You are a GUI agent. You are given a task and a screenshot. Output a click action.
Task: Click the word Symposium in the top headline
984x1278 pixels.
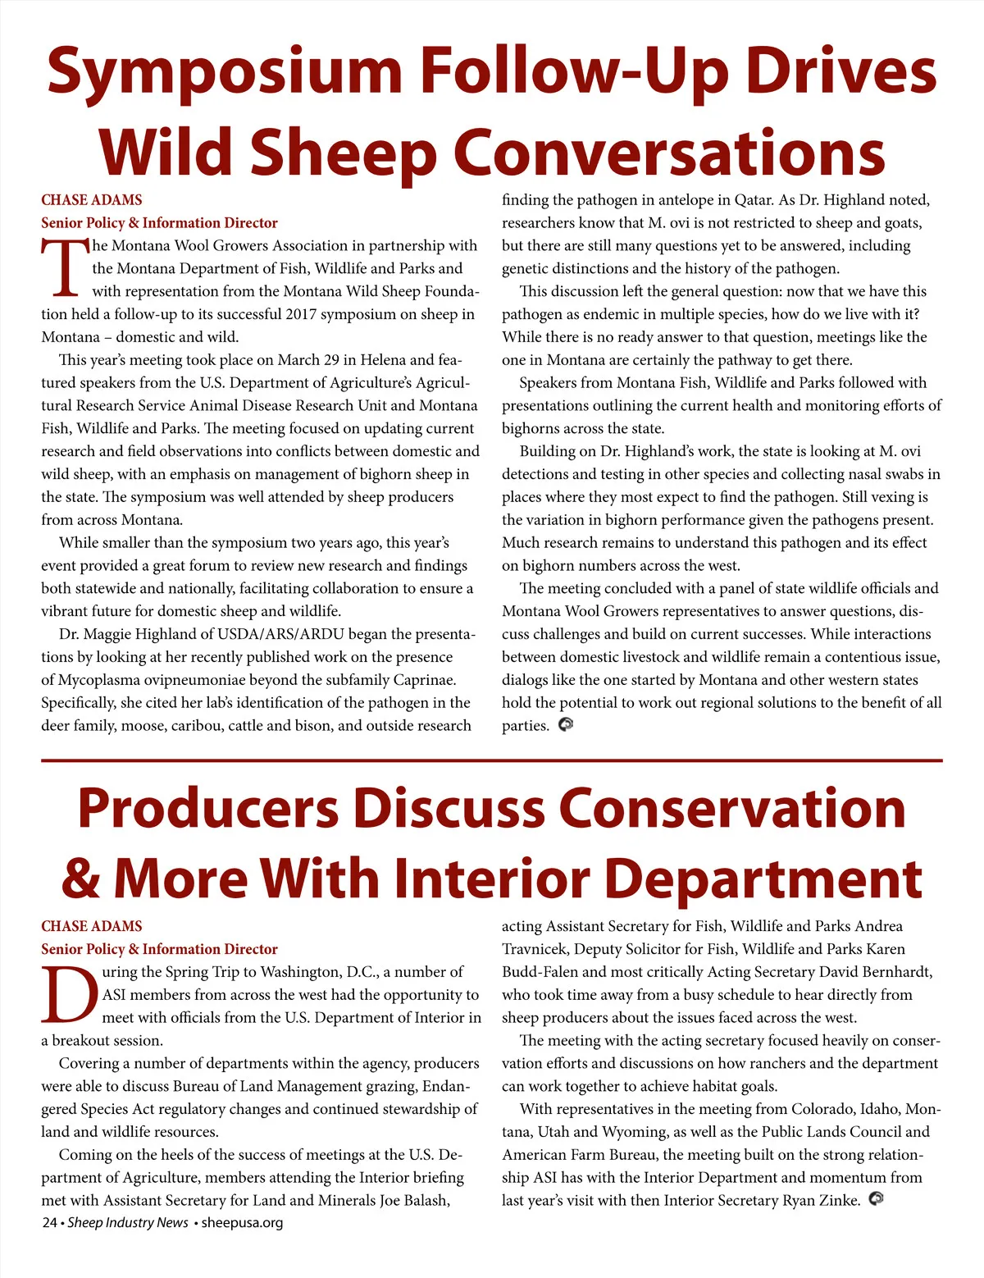click(x=224, y=72)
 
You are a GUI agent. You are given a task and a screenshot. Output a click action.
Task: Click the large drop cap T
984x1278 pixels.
click(x=64, y=268)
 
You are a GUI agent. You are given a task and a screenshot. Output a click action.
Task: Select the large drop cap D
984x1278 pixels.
click(x=69, y=994)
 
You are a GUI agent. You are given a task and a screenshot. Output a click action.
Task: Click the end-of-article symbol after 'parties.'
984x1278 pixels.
click(x=565, y=724)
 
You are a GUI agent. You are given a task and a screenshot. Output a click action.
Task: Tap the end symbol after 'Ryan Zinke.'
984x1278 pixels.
click(x=875, y=1198)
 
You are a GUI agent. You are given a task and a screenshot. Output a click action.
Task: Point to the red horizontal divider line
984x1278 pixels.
click(x=492, y=760)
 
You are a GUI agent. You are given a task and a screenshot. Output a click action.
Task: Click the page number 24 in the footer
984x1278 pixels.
click(x=49, y=1222)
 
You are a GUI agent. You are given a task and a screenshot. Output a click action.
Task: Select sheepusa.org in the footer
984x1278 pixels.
click(x=242, y=1222)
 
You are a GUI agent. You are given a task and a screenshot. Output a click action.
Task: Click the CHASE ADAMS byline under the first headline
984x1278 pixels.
click(x=92, y=200)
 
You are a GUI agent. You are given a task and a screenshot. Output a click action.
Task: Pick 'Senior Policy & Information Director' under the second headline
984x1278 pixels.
click(x=160, y=949)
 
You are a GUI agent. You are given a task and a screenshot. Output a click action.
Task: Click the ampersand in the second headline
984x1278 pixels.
click(x=80, y=879)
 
